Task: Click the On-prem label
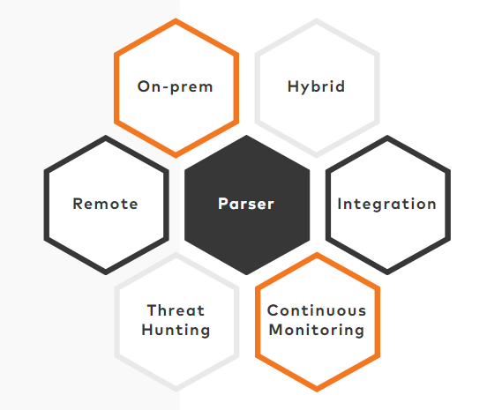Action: (175, 86)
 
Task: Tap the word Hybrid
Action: (317, 86)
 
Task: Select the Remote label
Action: (105, 204)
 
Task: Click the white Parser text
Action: (246, 204)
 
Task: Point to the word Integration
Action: (386, 205)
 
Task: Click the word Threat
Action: (176, 310)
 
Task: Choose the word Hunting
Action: (176, 330)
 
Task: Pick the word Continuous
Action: (317, 310)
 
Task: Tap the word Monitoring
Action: (317, 330)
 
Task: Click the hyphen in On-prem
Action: (165, 88)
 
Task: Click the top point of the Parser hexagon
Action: (246, 136)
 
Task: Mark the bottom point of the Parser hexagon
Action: (246, 274)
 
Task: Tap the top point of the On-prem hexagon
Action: (176, 19)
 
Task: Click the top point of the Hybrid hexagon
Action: (317, 19)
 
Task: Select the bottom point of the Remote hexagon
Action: (106, 274)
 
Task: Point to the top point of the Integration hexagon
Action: (387, 136)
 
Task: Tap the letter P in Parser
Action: (223, 204)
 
